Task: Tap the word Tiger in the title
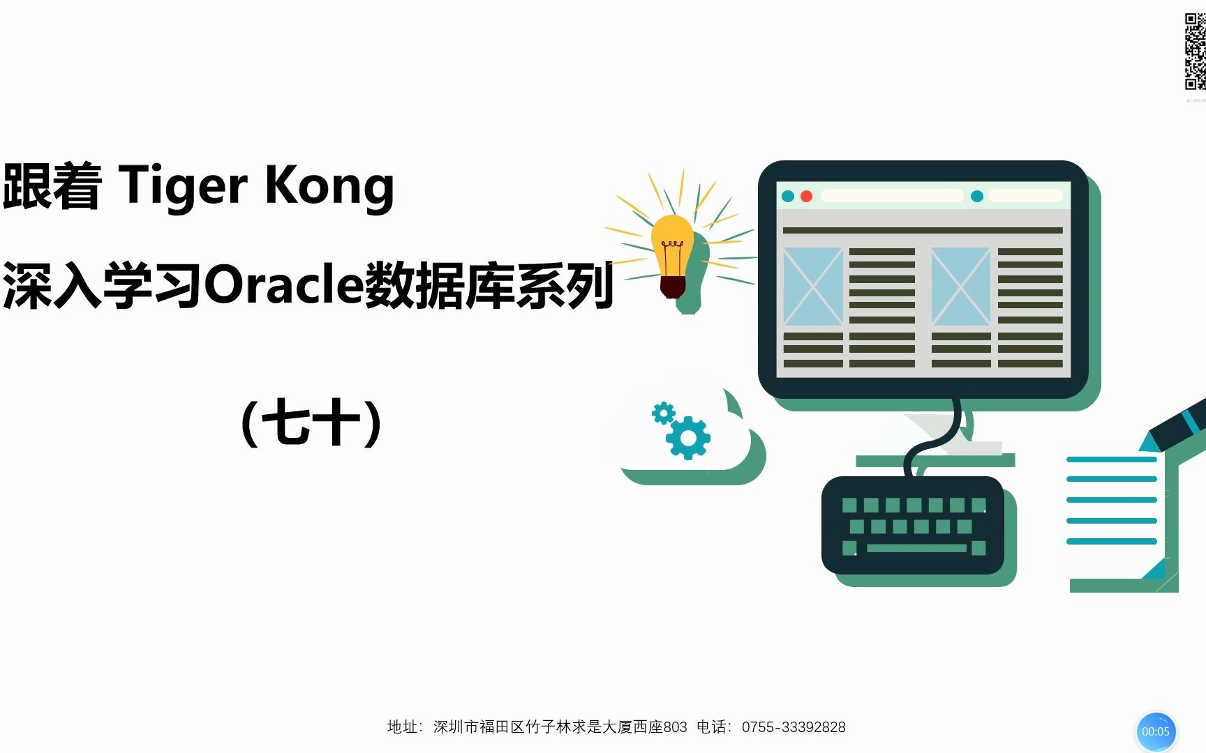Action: (183, 185)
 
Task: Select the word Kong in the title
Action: (329, 187)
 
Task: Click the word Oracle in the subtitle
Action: (284, 285)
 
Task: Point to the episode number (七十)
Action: (311, 423)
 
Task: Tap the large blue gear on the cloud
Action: (688, 437)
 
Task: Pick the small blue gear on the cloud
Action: (663, 413)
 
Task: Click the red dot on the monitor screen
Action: (806, 197)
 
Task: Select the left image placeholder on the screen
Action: (813, 286)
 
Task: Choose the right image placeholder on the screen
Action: (961, 286)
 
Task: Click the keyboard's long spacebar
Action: (916, 548)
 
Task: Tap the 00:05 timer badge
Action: (1156, 731)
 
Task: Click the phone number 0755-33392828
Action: (794, 727)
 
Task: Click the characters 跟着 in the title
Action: (52, 186)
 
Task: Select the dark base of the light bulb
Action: (673, 287)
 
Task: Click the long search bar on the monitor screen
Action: (892, 196)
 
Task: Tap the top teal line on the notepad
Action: (1112, 459)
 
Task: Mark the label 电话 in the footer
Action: (711, 727)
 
